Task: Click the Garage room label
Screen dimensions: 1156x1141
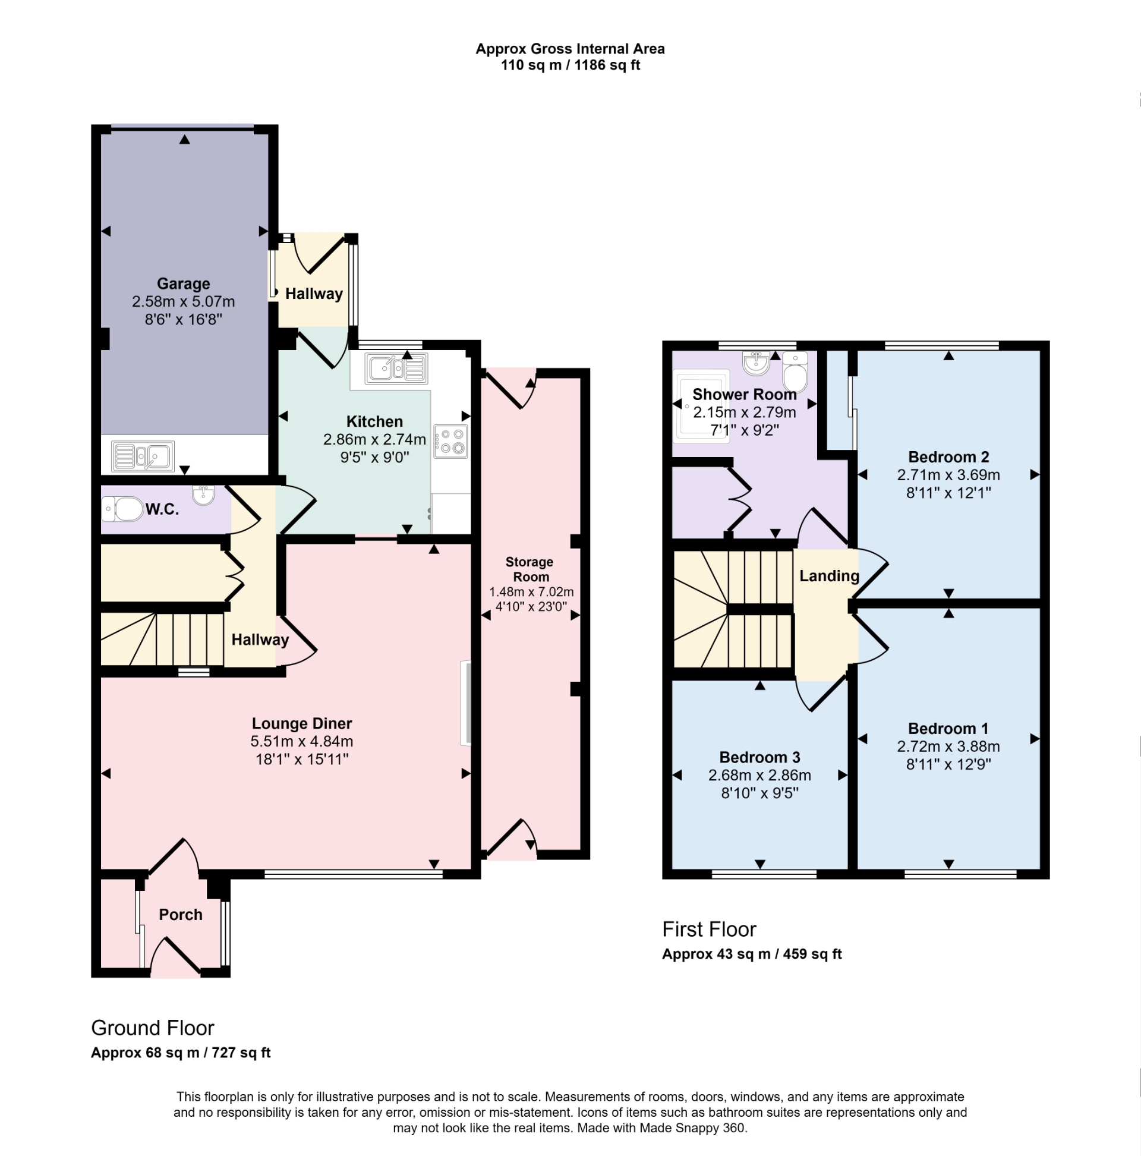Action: point(183,284)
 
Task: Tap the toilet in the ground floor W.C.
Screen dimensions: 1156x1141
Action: point(123,509)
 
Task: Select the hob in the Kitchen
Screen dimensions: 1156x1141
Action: point(450,441)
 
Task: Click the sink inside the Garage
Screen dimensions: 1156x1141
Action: point(143,456)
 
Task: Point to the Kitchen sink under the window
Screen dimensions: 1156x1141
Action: point(398,368)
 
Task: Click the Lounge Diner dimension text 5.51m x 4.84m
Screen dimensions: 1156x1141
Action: point(301,741)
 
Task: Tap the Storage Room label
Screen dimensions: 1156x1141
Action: point(529,569)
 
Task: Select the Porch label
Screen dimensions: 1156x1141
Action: point(180,914)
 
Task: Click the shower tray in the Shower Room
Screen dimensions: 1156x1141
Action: point(701,406)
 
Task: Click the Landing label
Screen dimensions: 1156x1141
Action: point(828,575)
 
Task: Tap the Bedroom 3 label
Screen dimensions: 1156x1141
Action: point(759,758)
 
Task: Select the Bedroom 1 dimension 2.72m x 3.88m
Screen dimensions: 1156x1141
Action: point(948,746)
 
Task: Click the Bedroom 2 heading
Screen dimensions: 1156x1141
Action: point(948,457)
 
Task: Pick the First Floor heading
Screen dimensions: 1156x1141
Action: point(709,929)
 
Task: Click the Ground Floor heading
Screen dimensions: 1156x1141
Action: point(153,1028)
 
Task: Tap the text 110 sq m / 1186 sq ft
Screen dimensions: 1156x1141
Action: point(569,65)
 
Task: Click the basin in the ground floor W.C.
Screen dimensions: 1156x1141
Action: point(203,496)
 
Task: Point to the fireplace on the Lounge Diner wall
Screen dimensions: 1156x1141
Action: point(465,703)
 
